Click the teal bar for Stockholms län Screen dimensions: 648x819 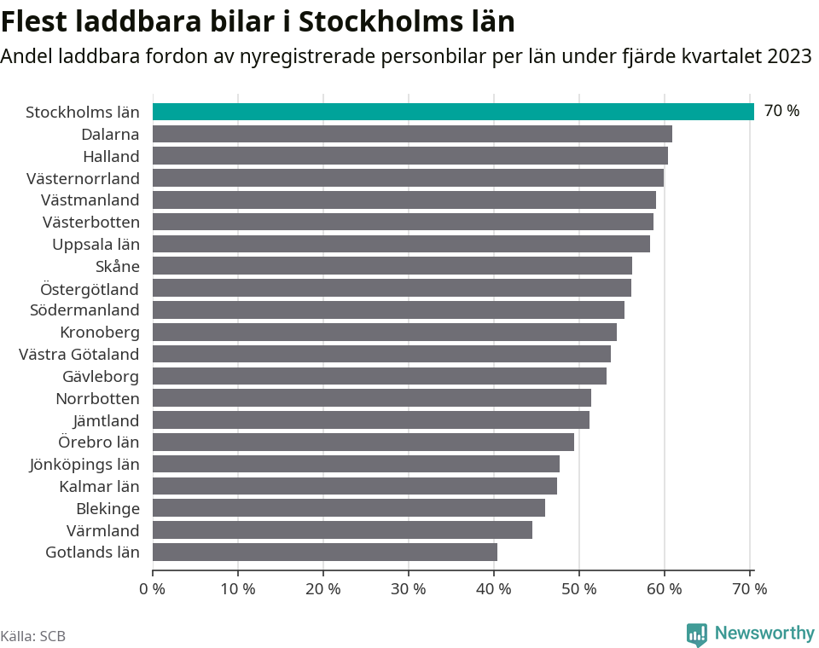[x=453, y=112]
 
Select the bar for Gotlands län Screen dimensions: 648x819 [x=324, y=552]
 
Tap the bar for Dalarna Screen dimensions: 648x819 [x=412, y=134]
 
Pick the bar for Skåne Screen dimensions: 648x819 [x=392, y=266]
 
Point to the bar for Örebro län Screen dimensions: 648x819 [x=363, y=442]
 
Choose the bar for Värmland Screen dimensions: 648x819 [x=342, y=530]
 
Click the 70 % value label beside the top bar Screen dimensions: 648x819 [x=781, y=111]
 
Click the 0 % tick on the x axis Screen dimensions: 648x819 [x=152, y=589]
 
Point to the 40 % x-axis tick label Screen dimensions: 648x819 [x=493, y=589]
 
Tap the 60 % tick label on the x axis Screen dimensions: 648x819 [x=664, y=589]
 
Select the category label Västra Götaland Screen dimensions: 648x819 [x=78, y=354]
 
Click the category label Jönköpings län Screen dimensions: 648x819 [x=84, y=464]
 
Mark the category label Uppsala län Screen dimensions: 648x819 [x=96, y=244]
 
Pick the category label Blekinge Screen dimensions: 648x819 [x=107, y=508]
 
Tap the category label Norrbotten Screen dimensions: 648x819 [x=97, y=398]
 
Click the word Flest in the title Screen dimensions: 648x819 [x=40, y=20]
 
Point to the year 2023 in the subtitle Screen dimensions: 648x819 [x=788, y=57]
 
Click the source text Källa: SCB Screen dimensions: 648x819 [x=33, y=636]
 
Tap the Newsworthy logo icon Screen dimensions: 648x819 [x=697, y=634]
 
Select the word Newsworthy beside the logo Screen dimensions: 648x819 [x=764, y=634]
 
